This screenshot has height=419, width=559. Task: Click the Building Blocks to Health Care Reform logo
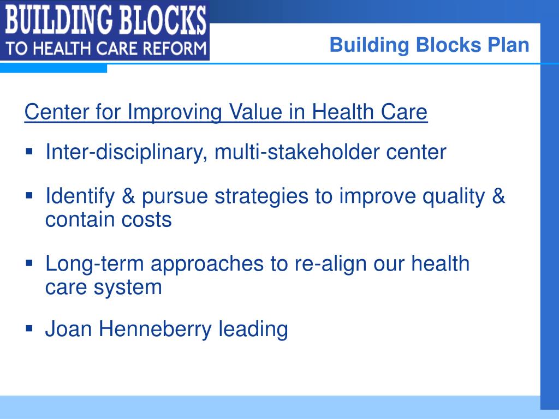coord(105,31)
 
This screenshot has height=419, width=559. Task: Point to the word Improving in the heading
coord(175,112)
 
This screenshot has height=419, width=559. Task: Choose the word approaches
coord(207,264)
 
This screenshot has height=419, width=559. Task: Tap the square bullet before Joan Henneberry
coord(29,328)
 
